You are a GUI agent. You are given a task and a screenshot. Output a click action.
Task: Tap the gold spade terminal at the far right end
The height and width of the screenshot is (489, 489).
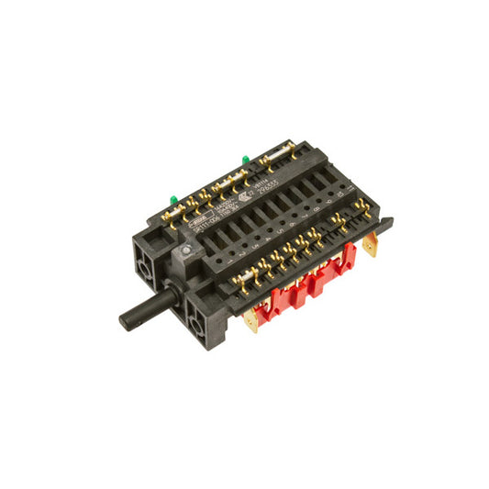[370, 245]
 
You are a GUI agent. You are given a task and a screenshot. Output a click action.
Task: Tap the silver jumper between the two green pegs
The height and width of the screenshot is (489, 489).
[221, 183]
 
